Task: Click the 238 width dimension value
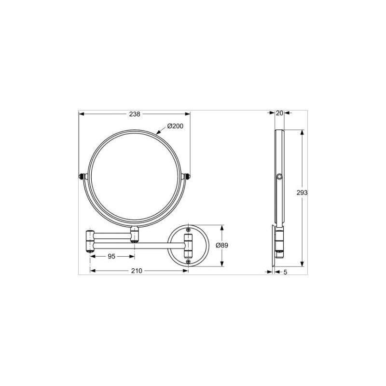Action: click(x=135, y=114)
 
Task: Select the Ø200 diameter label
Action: click(x=175, y=126)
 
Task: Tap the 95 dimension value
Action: click(x=111, y=257)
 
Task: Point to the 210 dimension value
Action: click(x=137, y=271)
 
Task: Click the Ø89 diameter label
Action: click(x=222, y=245)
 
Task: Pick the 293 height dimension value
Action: click(x=303, y=192)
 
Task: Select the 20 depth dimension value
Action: click(x=279, y=113)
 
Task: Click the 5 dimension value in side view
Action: click(x=285, y=273)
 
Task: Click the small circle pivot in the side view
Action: click(x=279, y=178)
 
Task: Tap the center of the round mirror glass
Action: click(x=135, y=178)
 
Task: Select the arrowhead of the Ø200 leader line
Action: click(x=155, y=131)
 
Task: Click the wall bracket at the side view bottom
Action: click(x=277, y=245)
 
